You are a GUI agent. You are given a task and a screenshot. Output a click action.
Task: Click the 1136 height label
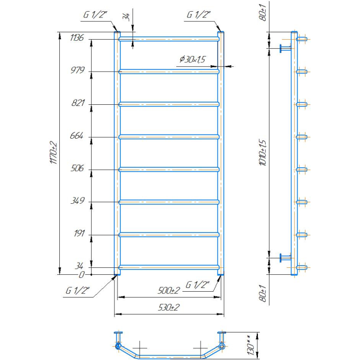point(77,38)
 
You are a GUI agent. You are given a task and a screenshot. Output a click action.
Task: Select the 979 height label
point(78,70)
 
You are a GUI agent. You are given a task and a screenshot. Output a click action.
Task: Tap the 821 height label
point(78,103)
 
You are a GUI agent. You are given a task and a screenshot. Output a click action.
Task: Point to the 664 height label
point(77,136)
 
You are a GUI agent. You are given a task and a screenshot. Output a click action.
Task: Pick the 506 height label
point(77,168)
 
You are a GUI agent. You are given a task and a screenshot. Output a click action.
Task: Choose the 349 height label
point(78,201)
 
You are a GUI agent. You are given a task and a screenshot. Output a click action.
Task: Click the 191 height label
point(79,233)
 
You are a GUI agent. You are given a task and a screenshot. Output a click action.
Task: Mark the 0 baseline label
point(82,275)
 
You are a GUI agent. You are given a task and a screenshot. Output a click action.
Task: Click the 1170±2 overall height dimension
point(53,152)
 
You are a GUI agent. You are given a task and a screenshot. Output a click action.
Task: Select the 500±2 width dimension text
point(169,291)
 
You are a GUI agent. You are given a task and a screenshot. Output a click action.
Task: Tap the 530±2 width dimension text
point(169,307)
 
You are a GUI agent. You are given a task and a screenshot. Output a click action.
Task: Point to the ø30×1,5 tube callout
point(192,59)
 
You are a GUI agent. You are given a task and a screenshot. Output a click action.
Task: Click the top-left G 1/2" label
point(95,15)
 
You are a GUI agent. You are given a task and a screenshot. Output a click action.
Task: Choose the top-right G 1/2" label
point(199,15)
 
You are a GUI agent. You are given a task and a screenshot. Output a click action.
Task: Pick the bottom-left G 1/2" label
point(77,291)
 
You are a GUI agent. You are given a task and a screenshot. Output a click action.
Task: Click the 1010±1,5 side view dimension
point(263,152)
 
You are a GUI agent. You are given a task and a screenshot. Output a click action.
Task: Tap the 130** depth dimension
point(251,345)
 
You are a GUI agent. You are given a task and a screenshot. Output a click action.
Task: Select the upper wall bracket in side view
point(285,48)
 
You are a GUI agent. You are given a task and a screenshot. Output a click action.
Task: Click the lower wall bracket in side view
point(285,258)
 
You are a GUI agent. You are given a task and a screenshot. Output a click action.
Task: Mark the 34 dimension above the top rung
point(127,17)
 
